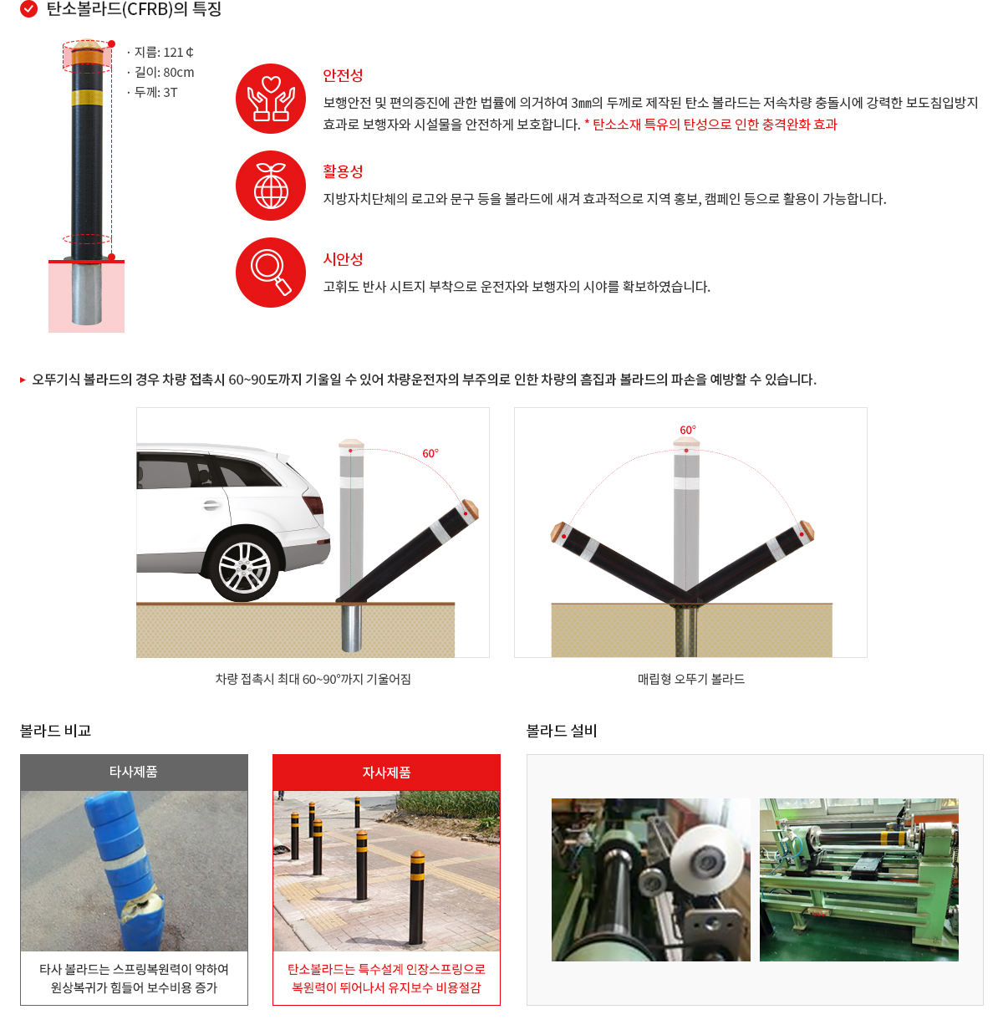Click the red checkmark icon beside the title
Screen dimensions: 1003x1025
pyautogui.click(x=28, y=8)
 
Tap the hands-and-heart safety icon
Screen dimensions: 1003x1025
pyautogui.click(x=270, y=99)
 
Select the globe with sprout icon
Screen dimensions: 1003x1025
pyautogui.click(x=270, y=185)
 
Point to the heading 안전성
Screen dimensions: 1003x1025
pyautogui.click(x=343, y=75)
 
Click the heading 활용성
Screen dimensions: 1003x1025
pyautogui.click(x=343, y=171)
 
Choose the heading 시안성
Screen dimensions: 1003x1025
pyautogui.click(x=343, y=259)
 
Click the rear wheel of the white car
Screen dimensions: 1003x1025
pyautogui.click(x=244, y=568)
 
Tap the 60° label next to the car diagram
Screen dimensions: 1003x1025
pyautogui.click(x=430, y=453)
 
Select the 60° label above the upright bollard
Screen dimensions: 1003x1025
pyautogui.click(x=687, y=430)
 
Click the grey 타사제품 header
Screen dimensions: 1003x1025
pyautogui.click(x=134, y=772)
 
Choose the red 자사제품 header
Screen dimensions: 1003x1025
pyautogui.click(x=386, y=773)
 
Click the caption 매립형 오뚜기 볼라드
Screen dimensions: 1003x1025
pyautogui.click(x=690, y=679)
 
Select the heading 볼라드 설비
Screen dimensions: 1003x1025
pyautogui.click(x=561, y=731)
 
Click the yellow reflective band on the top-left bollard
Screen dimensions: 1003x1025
pyautogui.click(x=87, y=98)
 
